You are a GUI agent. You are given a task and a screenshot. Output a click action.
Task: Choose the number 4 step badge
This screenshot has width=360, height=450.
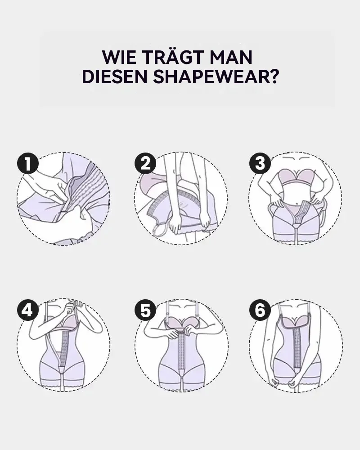[27, 310]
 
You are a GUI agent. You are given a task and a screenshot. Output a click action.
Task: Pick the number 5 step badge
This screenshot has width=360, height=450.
[145, 310]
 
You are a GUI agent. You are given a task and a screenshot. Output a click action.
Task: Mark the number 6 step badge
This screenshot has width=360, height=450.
[260, 310]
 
